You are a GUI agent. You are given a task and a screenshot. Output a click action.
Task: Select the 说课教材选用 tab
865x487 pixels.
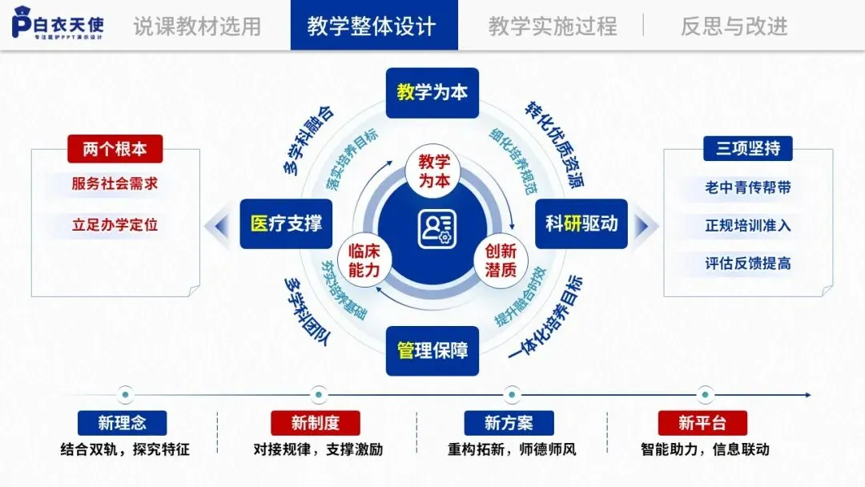coord(197,26)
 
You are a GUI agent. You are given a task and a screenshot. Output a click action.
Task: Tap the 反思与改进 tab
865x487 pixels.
coord(734,26)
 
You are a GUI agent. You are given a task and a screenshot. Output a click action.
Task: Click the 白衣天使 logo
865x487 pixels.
coord(58,23)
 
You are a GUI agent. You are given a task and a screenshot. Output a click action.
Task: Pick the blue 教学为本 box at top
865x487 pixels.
coord(432,93)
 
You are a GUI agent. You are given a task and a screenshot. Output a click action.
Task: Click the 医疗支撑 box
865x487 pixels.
coord(286,223)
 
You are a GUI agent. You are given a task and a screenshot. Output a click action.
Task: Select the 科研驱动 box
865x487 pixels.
coord(581,223)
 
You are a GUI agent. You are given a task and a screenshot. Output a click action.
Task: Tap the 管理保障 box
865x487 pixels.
coord(432,350)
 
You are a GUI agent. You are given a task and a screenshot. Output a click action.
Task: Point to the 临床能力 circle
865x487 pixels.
coord(364,261)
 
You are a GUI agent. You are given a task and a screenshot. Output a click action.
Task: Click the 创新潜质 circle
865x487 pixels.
coord(501,261)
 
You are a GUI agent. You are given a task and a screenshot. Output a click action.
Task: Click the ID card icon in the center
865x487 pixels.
coord(437,228)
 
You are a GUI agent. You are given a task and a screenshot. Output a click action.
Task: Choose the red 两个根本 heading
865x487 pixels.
coord(115,149)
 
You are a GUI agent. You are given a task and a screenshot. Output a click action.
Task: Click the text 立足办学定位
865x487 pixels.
coord(115,225)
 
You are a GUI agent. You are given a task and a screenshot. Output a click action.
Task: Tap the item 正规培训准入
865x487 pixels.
coord(747,225)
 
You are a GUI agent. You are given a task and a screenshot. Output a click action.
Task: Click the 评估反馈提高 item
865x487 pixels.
coord(747,264)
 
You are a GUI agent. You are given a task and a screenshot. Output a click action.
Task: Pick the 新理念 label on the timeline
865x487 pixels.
coord(122,423)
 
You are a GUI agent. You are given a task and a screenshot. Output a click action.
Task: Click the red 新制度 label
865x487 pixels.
coord(315,423)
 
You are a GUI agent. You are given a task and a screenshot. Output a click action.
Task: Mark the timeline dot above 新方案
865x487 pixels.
coord(511,394)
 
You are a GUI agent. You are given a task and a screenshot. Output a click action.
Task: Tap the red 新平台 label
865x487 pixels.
coord(702,423)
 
